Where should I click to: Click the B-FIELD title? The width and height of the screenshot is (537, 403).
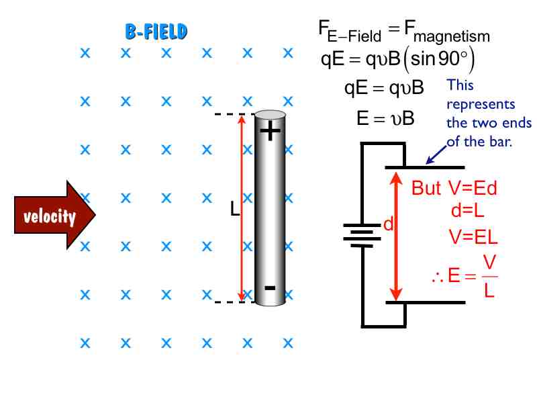pyautogui.click(x=156, y=31)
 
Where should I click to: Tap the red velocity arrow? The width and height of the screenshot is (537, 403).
pyautogui.click(x=54, y=216)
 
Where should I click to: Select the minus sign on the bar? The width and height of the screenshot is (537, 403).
pyautogui.click(x=270, y=288)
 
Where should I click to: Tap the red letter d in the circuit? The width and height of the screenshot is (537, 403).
pyautogui.click(x=387, y=225)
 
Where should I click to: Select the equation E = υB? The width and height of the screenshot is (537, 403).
pyautogui.click(x=385, y=119)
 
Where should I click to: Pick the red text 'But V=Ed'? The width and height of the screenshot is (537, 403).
pyautogui.click(x=454, y=189)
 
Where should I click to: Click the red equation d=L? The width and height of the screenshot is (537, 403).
pyautogui.click(x=468, y=210)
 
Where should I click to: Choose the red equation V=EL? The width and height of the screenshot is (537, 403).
pyautogui.click(x=473, y=236)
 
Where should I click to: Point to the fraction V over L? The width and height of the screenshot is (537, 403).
pyautogui.click(x=489, y=277)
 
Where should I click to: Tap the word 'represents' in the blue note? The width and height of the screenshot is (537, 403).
pyautogui.click(x=481, y=104)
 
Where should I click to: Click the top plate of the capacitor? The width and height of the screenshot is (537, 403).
pyautogui.click(x=424, y=167)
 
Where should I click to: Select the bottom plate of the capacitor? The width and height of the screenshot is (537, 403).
pyautogui.click(x=424, y=302)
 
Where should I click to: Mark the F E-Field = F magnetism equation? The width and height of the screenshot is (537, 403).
pyautogui.click(x=403, y=32)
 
